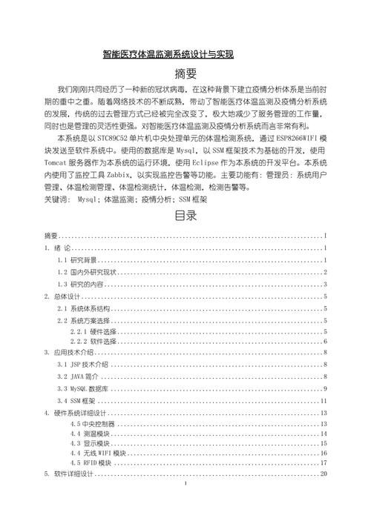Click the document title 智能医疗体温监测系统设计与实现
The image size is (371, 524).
click(x=168, y=54)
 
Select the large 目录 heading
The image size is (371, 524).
click(x=185, y=217)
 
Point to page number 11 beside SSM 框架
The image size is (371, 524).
click(x=324, y=401)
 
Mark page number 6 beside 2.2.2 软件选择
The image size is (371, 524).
click(x=326, y=342)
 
